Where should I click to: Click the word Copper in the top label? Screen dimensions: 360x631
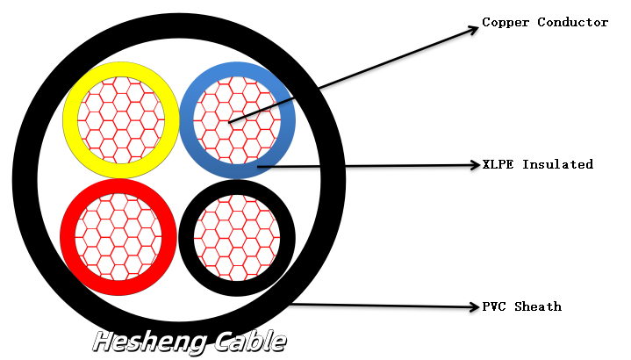click(503, 22)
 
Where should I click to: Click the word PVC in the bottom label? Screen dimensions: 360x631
click(493, 306)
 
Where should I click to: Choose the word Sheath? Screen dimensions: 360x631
click(538, 306)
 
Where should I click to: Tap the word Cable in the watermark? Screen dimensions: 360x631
click(245, 341)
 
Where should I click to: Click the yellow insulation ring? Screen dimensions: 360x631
click(71, 119)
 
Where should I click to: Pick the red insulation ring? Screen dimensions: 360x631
click(68, 237)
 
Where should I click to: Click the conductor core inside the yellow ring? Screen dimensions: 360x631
click(121, 119)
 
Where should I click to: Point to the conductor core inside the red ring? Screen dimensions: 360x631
click(118, 237)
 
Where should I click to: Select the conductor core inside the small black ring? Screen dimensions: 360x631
click(237, 237)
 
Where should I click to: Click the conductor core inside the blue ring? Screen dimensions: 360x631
click(237, 119)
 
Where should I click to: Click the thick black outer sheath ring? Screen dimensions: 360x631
click(25, 180)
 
